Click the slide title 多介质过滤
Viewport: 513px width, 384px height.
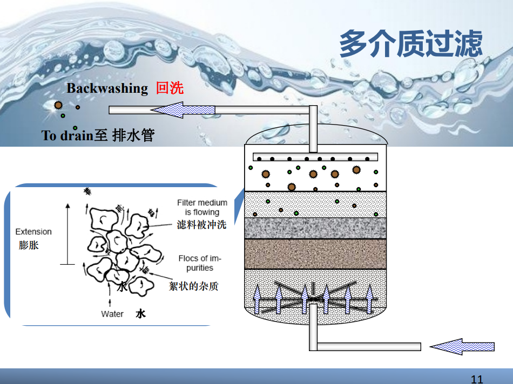coord(410,44)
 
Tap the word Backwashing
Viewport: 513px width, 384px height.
coord(107,88)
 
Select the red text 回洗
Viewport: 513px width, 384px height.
coord(170,88)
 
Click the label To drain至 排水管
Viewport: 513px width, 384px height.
coord(98,135)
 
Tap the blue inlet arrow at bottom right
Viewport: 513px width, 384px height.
coord(462,346)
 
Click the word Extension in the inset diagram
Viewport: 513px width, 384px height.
coord(33,231)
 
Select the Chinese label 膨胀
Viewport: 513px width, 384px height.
coord(29,245)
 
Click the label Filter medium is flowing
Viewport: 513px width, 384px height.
coord(202,207)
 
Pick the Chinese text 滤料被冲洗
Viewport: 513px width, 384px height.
coord(201,225)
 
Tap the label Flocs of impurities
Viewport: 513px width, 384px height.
coord(200,263)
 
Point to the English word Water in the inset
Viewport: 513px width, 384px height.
coord(112,314)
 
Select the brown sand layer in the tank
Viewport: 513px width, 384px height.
coord(315,254)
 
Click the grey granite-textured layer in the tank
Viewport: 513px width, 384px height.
coord(315,228)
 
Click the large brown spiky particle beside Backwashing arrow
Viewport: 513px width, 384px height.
coord(58,105)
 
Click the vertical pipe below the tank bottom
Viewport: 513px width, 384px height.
coord(313,332)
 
